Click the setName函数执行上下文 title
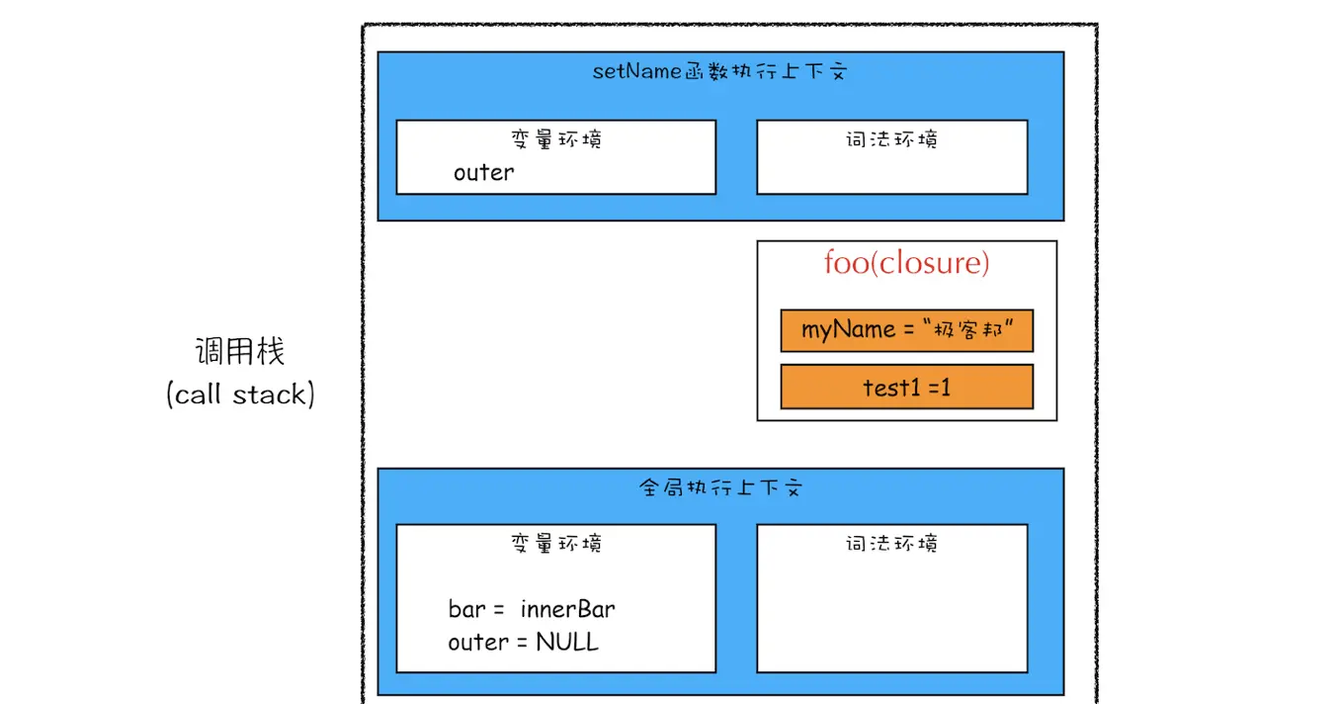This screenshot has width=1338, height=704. pos(719,72)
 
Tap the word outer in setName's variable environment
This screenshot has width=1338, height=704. pos(483,173)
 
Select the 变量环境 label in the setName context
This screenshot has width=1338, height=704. pos(556,138)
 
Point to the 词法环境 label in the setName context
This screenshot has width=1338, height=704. pos(891,139)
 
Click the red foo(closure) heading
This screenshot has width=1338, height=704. pos(906,263)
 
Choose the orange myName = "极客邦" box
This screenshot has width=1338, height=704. pos(906,330)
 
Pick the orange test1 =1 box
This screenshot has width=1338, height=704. pos(906,387)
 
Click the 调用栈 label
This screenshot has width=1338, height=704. pos(240,351)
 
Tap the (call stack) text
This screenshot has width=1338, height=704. pos(240,395)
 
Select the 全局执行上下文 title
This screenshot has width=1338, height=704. pos(720,488)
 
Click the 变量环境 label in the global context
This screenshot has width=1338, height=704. pos(556,543)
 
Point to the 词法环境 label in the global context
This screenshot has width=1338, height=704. pos(891,543)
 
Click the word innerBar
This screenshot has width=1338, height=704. pos(567,609)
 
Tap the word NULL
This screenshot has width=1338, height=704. pos(567,643)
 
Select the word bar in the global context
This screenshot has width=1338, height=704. pos(466,609)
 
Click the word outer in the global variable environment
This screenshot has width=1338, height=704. pos(478,643)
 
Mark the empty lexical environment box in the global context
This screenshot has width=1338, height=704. pos(891,613)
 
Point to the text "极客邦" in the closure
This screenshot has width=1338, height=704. pos(972,330)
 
